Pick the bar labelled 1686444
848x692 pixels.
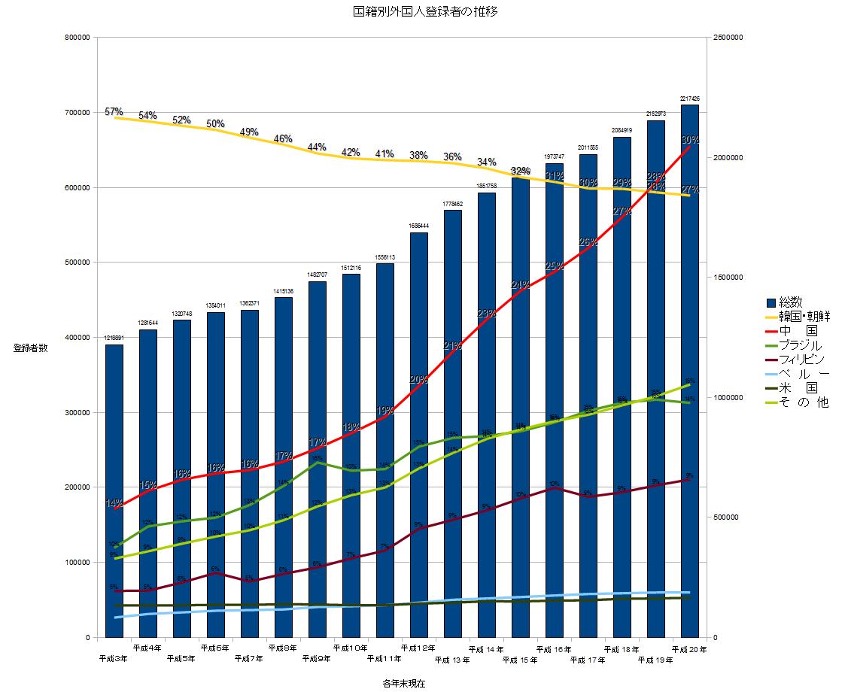tap(419, 436)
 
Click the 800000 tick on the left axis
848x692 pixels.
tap(78, 38)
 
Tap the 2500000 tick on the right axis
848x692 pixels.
tap(728, 38)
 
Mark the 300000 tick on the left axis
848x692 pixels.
tap(78, 413)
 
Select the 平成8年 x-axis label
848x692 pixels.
tap(283, 648)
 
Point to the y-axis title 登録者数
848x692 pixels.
tap(30, 348)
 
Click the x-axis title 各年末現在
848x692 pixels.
tap(403, 683)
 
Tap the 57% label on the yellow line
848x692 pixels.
tap(114, 112)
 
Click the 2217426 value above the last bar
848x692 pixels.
tap(690, 99)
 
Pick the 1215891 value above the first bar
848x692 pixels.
tap(114, 338)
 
